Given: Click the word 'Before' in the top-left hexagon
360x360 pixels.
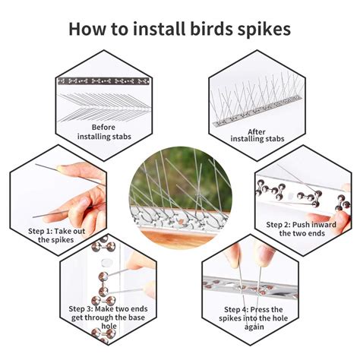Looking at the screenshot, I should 103,127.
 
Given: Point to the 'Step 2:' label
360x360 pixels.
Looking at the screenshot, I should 283,225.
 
